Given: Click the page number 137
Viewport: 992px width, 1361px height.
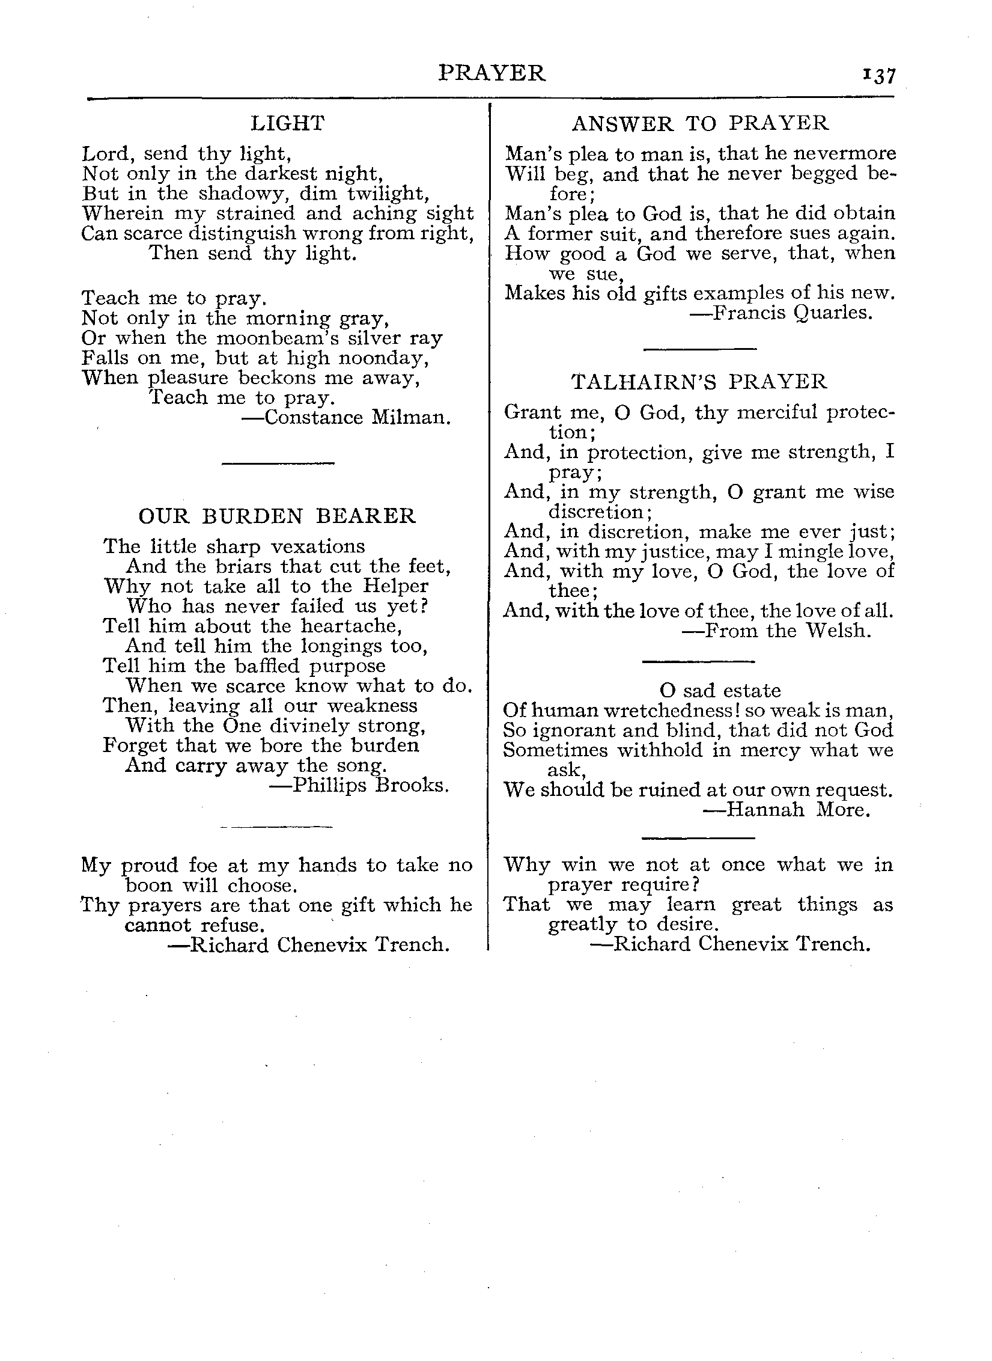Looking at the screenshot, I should pos(879,76).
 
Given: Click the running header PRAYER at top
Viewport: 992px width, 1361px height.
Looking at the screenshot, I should pos(492,73).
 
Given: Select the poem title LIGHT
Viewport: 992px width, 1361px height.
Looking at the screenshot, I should pos(288,123).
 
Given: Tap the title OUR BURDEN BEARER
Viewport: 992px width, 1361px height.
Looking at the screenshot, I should pos(277,516).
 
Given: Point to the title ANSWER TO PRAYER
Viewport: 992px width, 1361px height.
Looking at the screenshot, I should pos(700,123).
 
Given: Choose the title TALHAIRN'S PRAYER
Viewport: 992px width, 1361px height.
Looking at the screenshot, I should pos(699,382).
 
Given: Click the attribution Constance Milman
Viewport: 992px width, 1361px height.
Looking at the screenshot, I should pos(346,417).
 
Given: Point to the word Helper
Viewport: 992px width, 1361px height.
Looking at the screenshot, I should pos(395,586).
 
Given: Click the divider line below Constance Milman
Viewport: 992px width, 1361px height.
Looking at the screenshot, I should pos(278,462).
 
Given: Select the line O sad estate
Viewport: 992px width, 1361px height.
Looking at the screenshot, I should pos(720,690).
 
